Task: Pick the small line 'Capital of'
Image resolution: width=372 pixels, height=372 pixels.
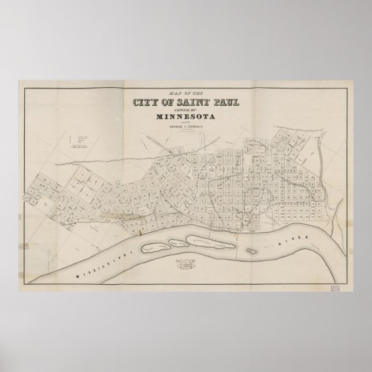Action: pos(185,113)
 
